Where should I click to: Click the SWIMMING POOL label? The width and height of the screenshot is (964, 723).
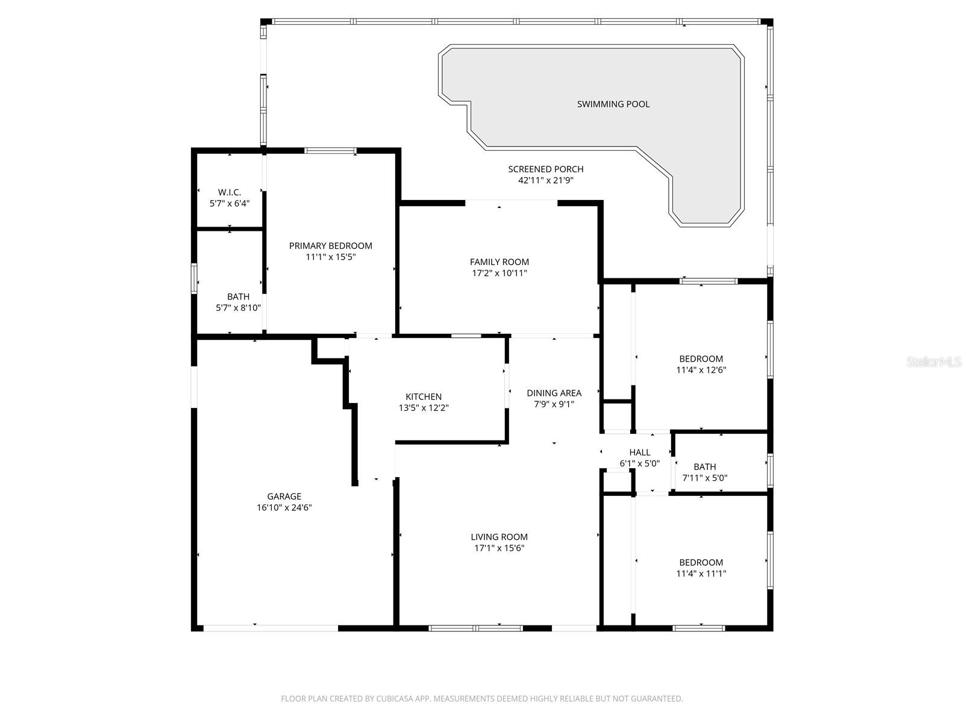click(613, 104)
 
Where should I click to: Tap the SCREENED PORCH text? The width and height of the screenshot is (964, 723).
click(545, 169)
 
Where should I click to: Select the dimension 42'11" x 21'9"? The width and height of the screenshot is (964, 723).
click(545, 180)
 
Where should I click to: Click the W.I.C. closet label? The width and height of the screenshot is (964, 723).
click(230, 192)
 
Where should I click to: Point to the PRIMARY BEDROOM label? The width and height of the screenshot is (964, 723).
click(331, 246)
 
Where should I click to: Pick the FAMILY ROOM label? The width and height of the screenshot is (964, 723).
click(499, 262)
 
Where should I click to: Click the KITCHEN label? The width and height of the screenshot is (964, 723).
click(424, 396)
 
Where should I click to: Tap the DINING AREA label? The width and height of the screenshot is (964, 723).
click(554, 393)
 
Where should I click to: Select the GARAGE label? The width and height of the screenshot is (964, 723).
click(284, 496)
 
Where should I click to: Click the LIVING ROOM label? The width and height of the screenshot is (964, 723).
click(499, 537)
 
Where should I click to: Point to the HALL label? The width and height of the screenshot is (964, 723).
click(640, 452)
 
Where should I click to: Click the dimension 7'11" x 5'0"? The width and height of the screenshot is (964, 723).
click(705, 478)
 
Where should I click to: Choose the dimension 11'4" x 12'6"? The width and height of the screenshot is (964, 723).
click(701, 370)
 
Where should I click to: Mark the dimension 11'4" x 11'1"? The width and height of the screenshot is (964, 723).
click(701, 574)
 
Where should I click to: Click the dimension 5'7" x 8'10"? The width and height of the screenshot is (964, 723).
click(238, 308)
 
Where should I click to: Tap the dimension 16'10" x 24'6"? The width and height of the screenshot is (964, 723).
click(284, 507)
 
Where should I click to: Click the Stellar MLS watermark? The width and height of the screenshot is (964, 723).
click(933, 362)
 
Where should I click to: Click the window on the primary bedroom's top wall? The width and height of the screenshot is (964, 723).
click(330, 151)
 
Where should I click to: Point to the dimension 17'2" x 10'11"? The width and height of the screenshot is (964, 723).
click(499, 273)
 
